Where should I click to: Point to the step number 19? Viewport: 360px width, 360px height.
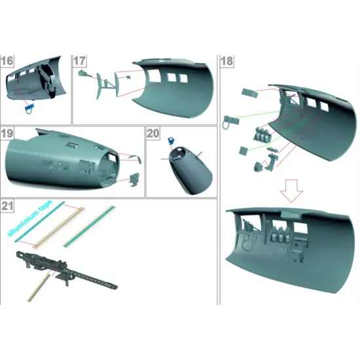7,134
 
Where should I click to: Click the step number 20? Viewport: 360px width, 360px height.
153,134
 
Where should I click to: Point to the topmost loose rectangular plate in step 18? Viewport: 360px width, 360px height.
247,92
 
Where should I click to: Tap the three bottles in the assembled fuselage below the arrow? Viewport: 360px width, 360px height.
281,235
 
